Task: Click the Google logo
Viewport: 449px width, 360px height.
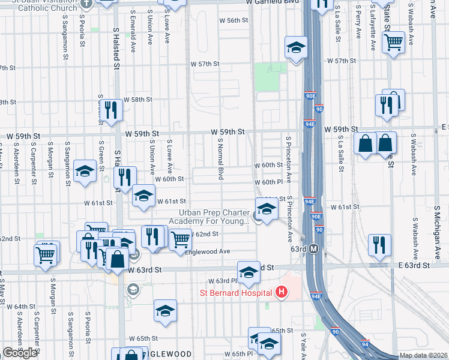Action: (20, 353)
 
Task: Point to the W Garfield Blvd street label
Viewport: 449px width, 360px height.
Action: (273, 2)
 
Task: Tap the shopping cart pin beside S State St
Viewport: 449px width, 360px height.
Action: (393, 43)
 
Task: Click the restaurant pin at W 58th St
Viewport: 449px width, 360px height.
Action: (112, 109)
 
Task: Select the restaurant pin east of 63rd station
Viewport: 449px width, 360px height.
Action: (379, 245)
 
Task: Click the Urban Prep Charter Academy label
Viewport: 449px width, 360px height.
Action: (213, 217)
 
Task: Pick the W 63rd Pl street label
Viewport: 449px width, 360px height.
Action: (223, 281)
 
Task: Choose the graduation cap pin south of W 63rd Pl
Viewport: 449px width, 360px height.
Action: (165, 310)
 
